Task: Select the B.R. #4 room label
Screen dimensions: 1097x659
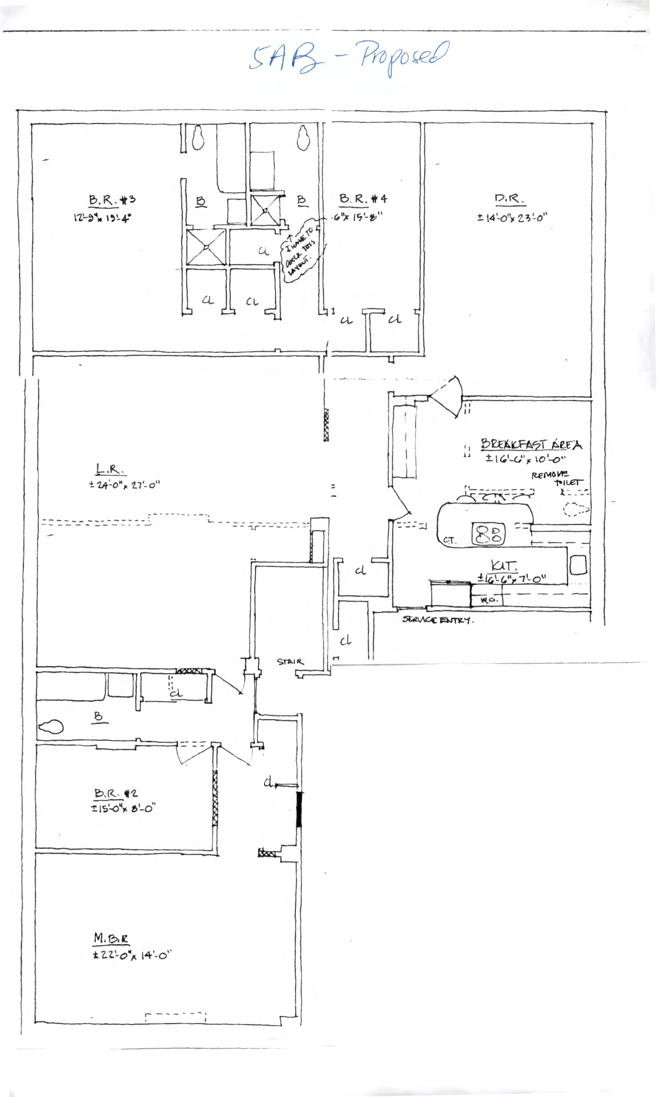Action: point(363,199)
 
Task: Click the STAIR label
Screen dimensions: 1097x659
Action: point(290,662)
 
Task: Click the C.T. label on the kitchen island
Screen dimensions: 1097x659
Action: point(449,540)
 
